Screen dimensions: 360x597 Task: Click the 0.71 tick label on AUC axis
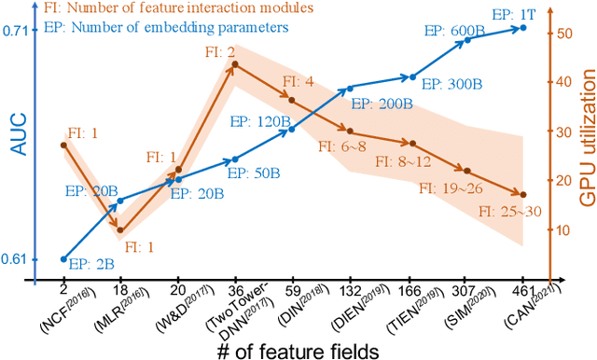coord(16,30)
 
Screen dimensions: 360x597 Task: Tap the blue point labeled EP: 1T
coord(522,28)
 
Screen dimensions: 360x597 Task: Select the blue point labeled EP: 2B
coord(63,258)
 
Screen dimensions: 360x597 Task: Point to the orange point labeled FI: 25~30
coord(522,194)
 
